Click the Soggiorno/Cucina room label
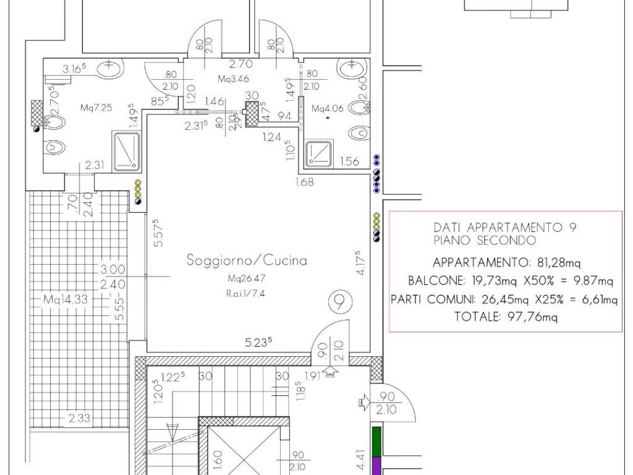coord(247,260)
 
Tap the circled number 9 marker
coord(339,303)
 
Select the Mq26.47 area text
coord(246,279)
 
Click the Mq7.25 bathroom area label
coord(96,108)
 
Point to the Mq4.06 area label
coord(327,109)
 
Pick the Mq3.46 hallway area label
coord(233,79)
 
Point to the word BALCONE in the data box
coord(431,280)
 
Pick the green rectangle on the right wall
coord(376,441)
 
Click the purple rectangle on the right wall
coord(376,465)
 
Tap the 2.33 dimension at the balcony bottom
coord(79,419)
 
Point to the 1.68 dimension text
coord(305,182)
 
